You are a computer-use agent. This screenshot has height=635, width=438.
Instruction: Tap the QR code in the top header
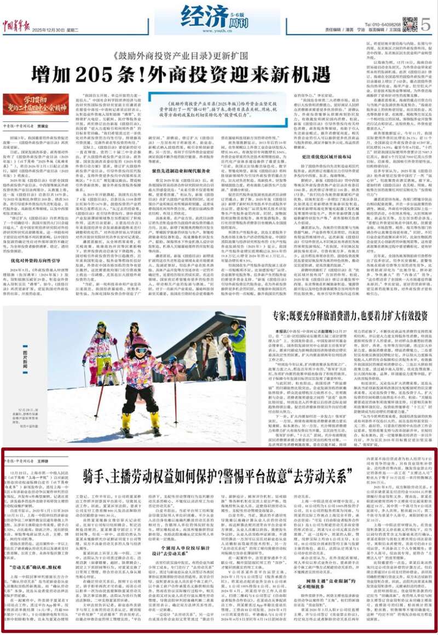410,24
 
